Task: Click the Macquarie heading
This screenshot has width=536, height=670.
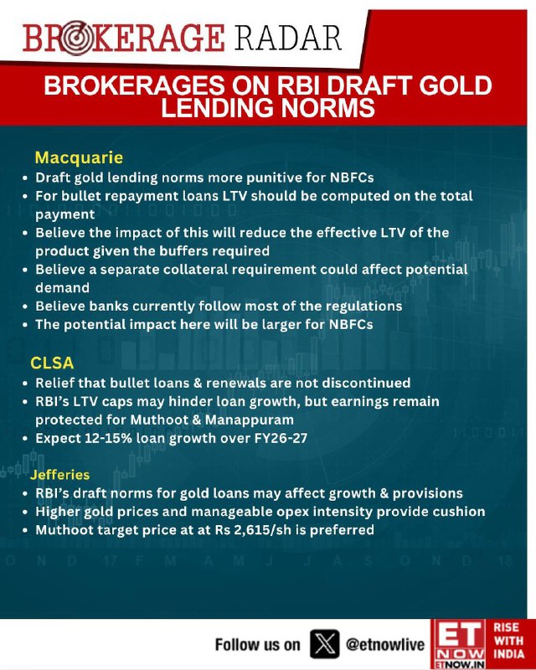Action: [79, 157]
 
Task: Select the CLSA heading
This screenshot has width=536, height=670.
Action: [52, 363]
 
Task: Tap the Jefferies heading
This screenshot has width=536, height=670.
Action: [59, 475]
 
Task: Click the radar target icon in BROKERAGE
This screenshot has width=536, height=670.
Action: [75, 38]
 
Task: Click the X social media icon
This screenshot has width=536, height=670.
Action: [324, 643]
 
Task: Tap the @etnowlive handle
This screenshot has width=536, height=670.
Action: [384, 644]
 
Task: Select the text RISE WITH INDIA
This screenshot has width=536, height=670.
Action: [508, 641]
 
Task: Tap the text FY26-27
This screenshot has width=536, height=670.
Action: [281, 438]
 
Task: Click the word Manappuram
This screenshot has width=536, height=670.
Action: [250, 420]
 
